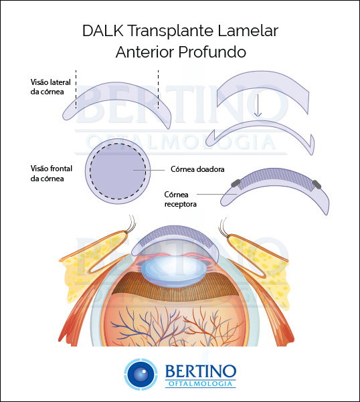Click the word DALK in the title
pos(102,31)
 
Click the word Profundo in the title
pos(212,52)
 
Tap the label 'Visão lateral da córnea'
pos(50,87)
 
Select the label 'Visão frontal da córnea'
pos(52,173)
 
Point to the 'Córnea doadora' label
pos(197,169)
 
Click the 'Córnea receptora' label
pos(180,199)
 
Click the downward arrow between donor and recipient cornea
pos(258,105)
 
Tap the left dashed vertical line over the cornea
pos(76,89)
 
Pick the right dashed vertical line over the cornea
pos(158,89)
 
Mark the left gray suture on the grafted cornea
pos(236,183)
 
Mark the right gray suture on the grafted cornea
pos(317,185)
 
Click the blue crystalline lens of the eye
pos(173,270)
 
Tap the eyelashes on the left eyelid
pos(132,224)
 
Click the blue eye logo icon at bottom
pos(141,375)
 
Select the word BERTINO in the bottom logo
pos(201,371)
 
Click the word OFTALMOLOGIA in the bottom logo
pos(201,383)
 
